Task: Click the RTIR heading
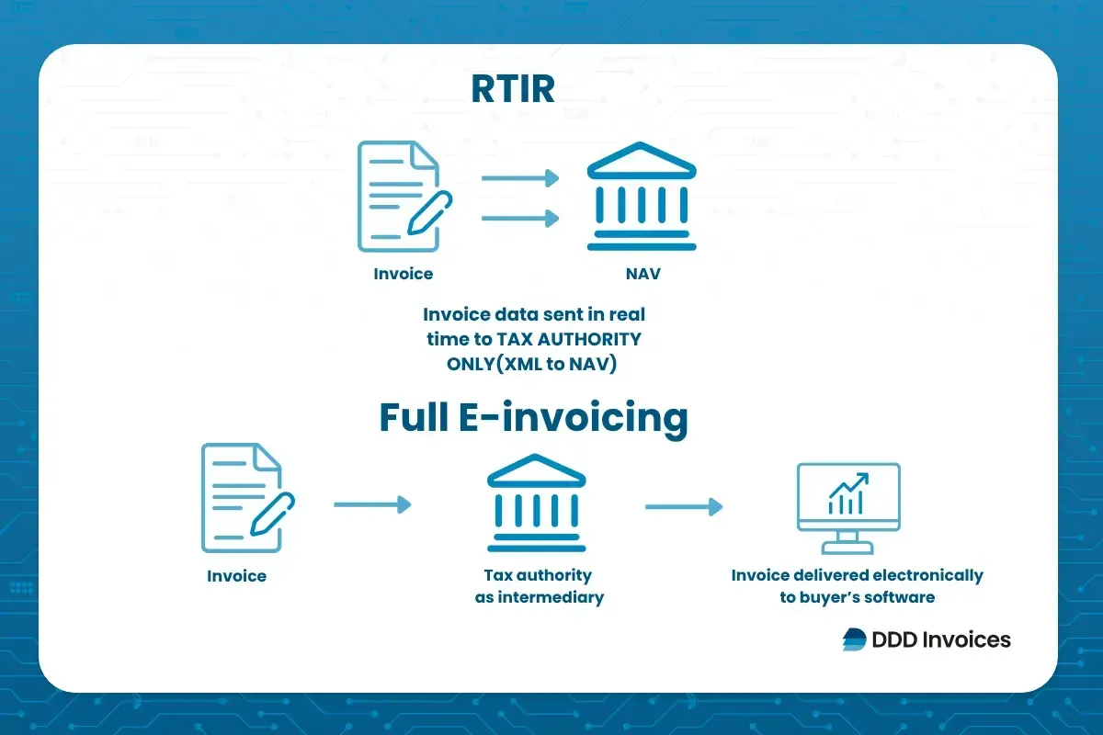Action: (513, 89)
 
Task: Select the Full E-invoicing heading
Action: (533, 418)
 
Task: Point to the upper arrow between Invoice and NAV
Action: (520, 178)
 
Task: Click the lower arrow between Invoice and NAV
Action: (520, 218)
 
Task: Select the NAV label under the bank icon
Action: (642, 274)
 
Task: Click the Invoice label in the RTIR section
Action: (403, 274)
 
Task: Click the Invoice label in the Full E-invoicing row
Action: (236, 576)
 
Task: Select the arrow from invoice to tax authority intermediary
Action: (372, 504)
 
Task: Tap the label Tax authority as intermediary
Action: (539, 586)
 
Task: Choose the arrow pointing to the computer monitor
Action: (683, 506)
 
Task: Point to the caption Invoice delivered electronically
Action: (857, 576)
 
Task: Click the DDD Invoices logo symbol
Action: (854, 639)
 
